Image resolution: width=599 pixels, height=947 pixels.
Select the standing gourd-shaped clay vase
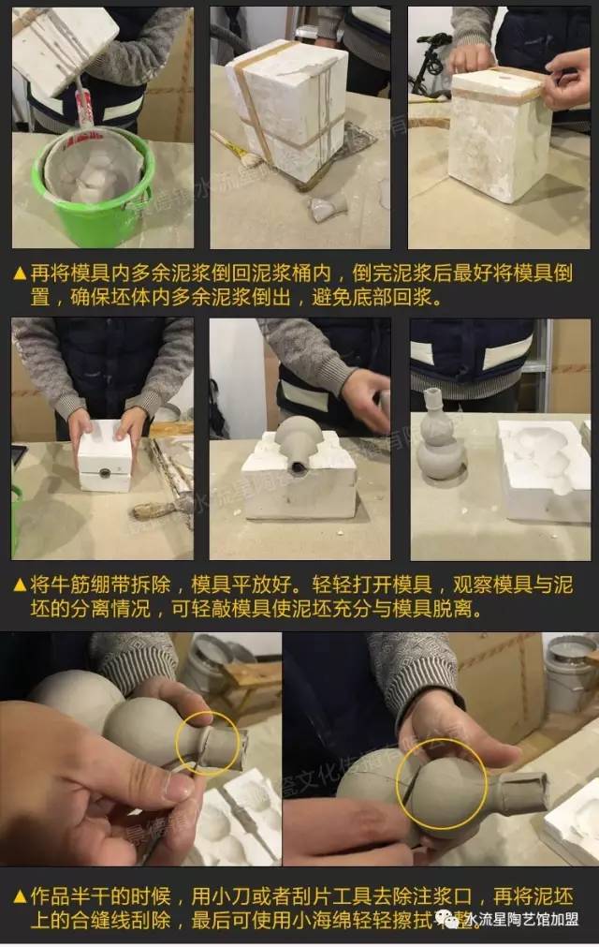click(440, 437)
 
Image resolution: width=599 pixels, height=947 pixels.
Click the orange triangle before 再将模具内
click(20, 274)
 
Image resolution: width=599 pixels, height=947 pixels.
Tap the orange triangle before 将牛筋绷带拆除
click(20, 586)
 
